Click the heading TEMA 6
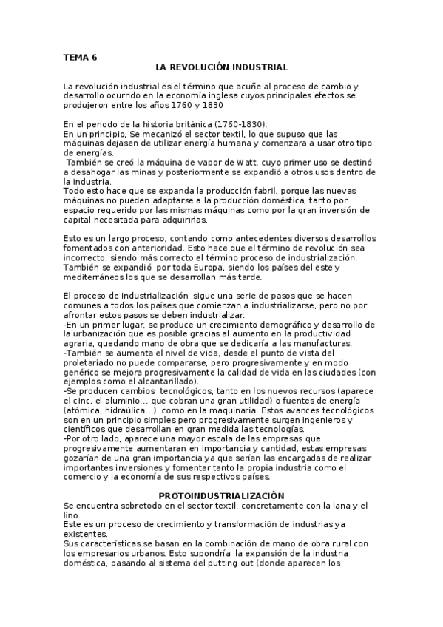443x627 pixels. [x=80, y=56]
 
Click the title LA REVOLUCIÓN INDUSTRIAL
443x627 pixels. [x=223, y=67]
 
